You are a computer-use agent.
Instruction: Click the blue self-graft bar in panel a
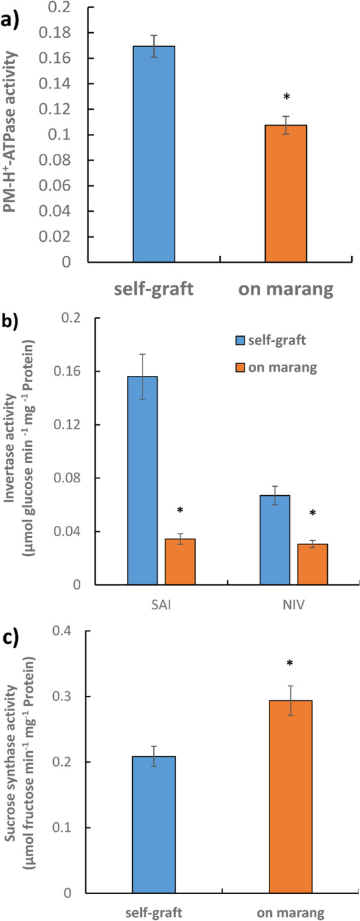click(x=153, y=154)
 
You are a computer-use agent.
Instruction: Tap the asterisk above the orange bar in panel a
click(x=287, y=97)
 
